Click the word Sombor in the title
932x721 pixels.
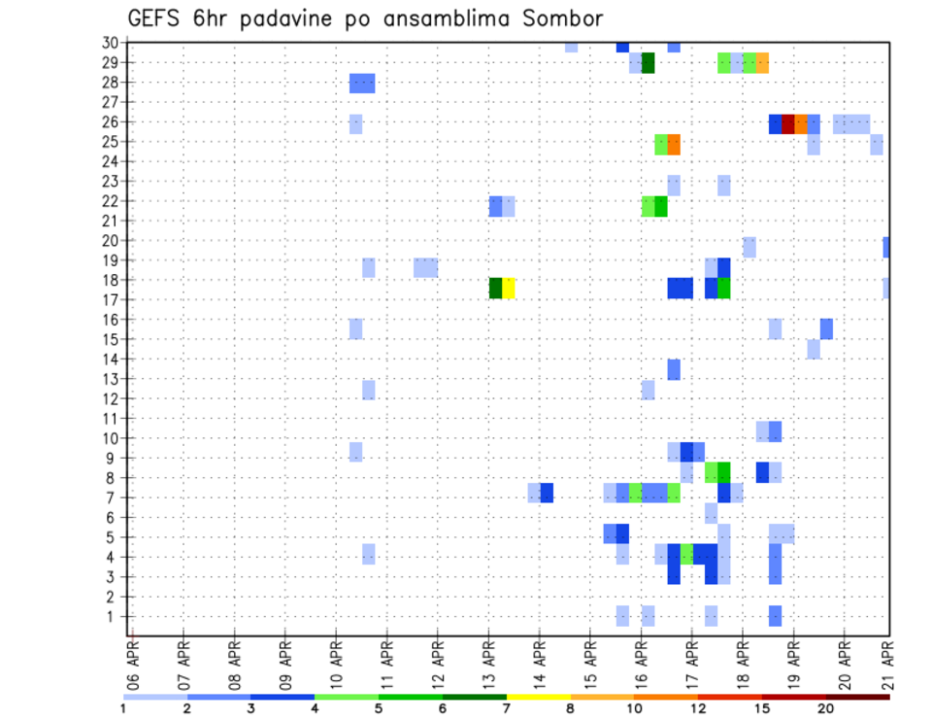(562, 18)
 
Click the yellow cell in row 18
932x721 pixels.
(509, 289)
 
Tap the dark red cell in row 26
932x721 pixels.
(788, 123)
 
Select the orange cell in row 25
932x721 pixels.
(674, 144)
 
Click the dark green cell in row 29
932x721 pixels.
(649, 63)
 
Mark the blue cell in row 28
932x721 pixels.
(362, 84)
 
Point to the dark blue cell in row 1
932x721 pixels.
(775, 616)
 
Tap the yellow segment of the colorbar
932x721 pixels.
(538, 697)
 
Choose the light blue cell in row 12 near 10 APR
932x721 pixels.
(369, 390)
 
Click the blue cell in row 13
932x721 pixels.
(674, 369)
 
